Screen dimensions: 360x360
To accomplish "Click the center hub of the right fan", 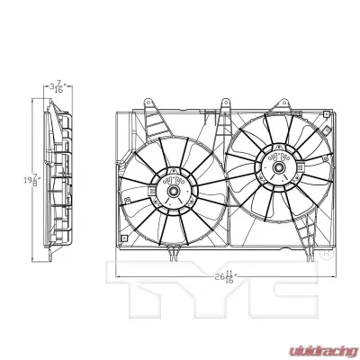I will (274, 166).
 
